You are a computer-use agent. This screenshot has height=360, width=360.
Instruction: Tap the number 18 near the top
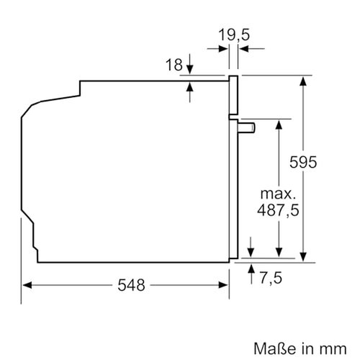[174, 66]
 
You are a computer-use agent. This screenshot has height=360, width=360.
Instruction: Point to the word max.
[278, 194]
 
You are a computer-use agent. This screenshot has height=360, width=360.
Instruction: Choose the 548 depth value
[131, 285]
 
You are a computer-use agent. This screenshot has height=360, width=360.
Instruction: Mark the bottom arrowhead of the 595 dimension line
[304, 255]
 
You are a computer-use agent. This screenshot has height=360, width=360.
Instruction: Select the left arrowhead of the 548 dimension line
[26, 285]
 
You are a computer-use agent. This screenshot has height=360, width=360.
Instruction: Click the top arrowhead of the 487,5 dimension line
[278, 124]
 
